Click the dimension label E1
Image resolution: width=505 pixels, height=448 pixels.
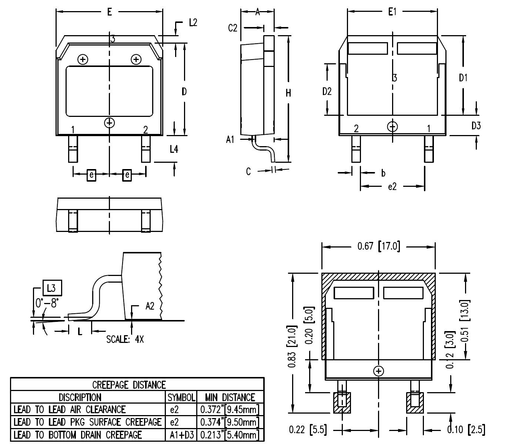click(392, 12)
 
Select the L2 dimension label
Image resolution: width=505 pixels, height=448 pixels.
click(193, 23)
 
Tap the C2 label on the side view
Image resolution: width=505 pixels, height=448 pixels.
click(233, 28)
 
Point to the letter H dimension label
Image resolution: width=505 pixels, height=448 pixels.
click(288, 93)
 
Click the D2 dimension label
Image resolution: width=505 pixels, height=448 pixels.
click(327, 91)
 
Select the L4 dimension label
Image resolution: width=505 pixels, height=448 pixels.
click(174, 149)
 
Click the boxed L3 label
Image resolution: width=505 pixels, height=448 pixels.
click(52, 288)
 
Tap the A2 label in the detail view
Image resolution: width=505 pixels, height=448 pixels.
click(150, 306)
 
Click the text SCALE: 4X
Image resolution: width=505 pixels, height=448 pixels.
click(125, 339)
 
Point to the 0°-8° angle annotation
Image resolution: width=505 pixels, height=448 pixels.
click(47, 303)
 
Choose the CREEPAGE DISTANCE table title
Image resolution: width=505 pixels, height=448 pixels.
click(128, 385)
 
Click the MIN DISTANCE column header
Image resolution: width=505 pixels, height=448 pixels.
click(230, 397)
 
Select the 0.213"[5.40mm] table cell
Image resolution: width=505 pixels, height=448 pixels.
click(230, 435)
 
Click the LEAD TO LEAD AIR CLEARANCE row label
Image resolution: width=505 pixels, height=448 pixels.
click(70, 410)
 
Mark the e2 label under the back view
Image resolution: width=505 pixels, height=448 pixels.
click(392, 186)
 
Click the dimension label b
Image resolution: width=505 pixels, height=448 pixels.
click(383, 172)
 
